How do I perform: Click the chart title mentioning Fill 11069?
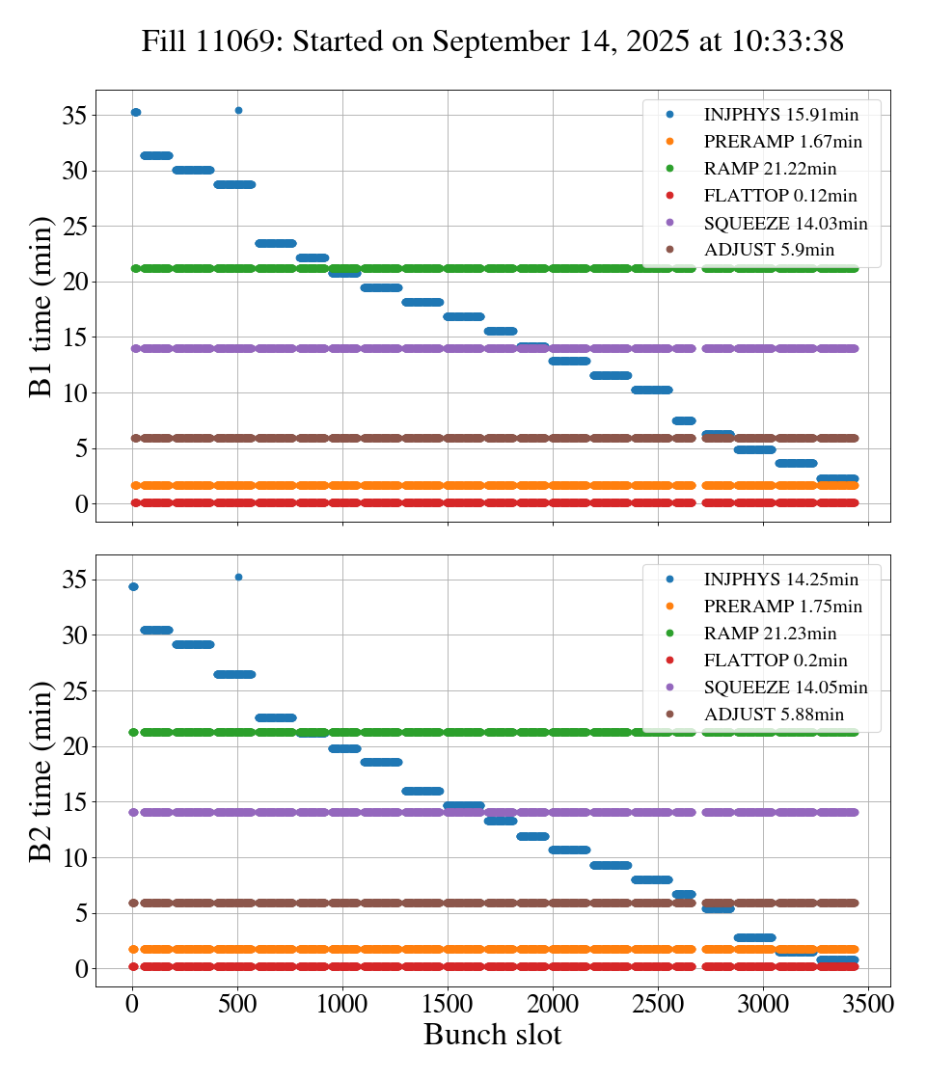492,41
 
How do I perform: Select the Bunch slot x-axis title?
492,1035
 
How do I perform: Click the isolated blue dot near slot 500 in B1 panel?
238,111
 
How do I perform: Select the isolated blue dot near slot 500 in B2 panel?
238,577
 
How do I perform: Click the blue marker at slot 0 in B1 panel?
136,113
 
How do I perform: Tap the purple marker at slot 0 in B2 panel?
134,812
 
